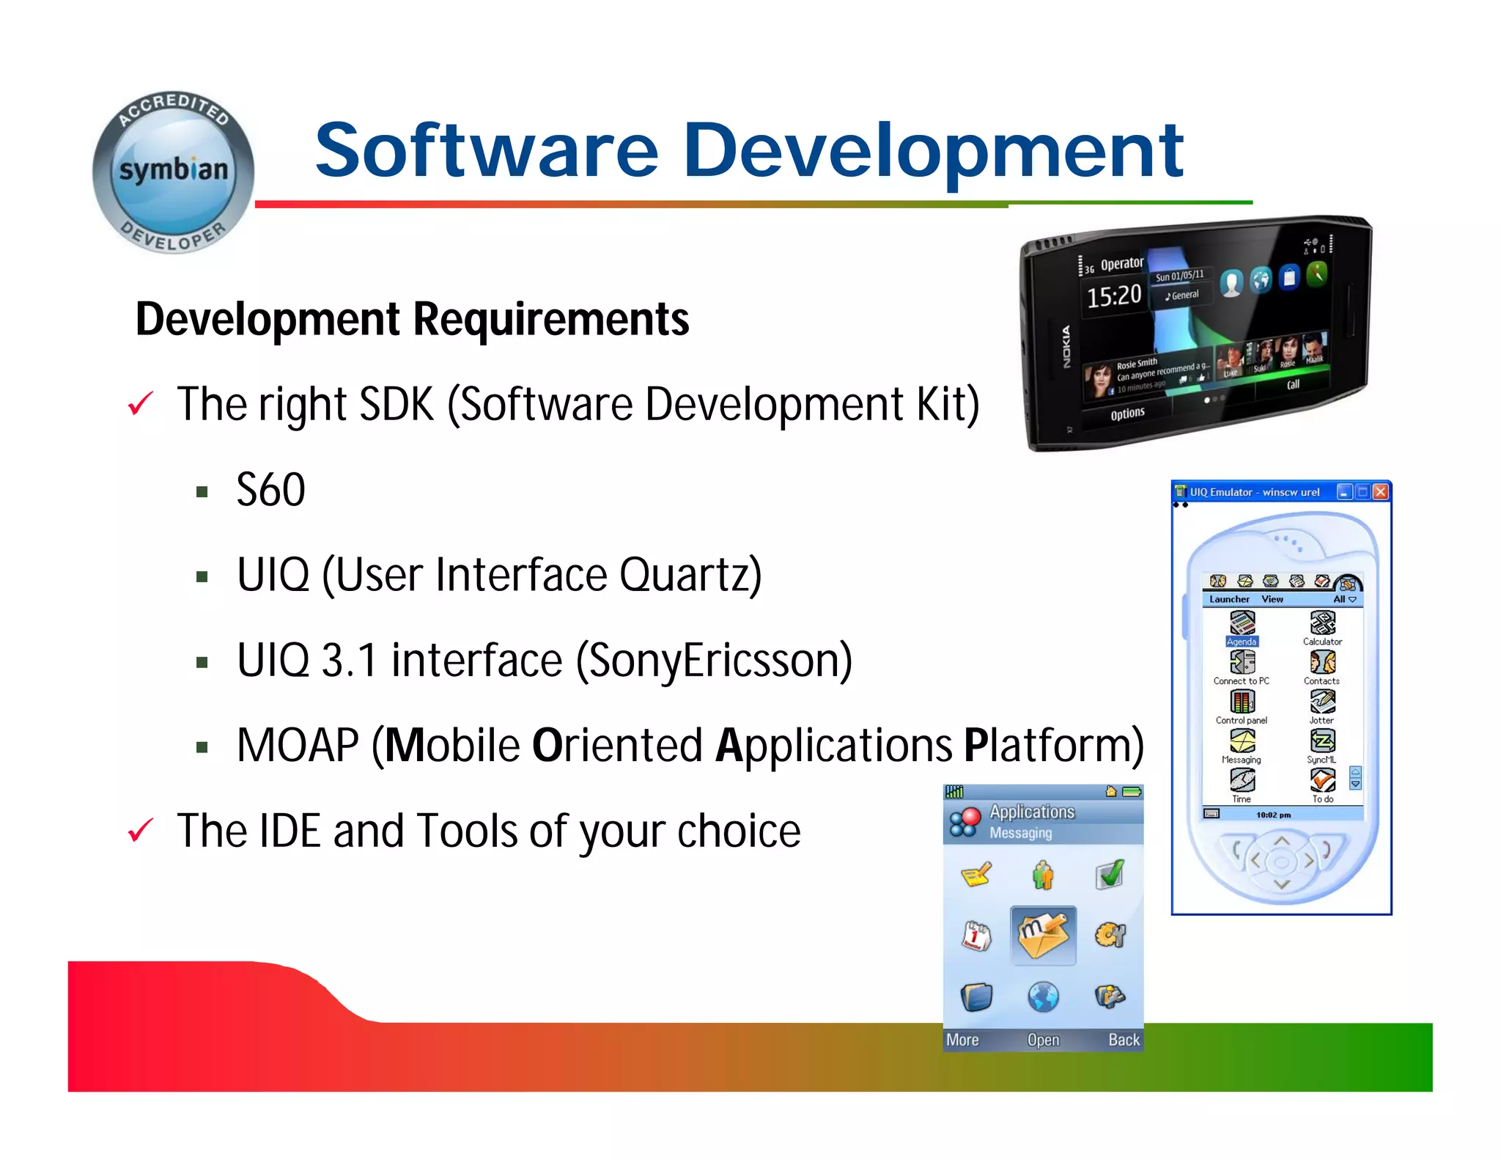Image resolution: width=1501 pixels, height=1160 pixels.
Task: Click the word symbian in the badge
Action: pyautogui.click(x=174, y=170)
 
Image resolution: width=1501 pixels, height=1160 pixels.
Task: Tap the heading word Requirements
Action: pyautogui.click(x=551, y=320)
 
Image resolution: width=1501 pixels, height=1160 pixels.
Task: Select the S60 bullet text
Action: pyautogui.click(x=270, y=490)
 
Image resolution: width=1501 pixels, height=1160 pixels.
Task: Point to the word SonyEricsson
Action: pyautogui.click(x=714, y=660)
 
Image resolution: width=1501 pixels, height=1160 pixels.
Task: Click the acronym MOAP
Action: pyautogui.click(x=298, y=746)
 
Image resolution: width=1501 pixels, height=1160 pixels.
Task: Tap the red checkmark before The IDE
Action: pyautogui.click(x=140, y=831)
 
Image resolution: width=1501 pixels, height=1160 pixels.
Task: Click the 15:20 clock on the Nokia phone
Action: pyautogui.click(x=1113, y=296)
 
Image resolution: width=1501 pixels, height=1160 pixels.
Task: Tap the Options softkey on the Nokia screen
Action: pyautogui.click(x=1127, y=414)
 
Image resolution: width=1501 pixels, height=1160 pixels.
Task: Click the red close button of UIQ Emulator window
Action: pyautogui.click(x=1380, y=492)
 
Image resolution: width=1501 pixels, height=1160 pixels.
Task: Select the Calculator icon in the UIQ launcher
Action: pyautogui.click(x=1322, y=623)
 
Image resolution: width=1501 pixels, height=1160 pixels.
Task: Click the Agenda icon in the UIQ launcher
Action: pyautogui.click(x=1242, y=623)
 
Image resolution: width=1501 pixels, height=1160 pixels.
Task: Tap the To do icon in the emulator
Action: pyautogui.click(x=1322, y=781)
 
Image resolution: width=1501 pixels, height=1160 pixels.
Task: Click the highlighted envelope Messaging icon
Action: pyautogui.click(x=1043, y=936)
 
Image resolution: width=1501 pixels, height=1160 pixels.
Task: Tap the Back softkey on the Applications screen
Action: pyautogui.click(x=1123, y=1040)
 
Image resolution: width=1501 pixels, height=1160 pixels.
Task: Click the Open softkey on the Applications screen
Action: pyautogui.click(x=1043, y=1040)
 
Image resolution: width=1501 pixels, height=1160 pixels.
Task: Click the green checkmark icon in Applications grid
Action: pyautogui.click(x=1110, y=874)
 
